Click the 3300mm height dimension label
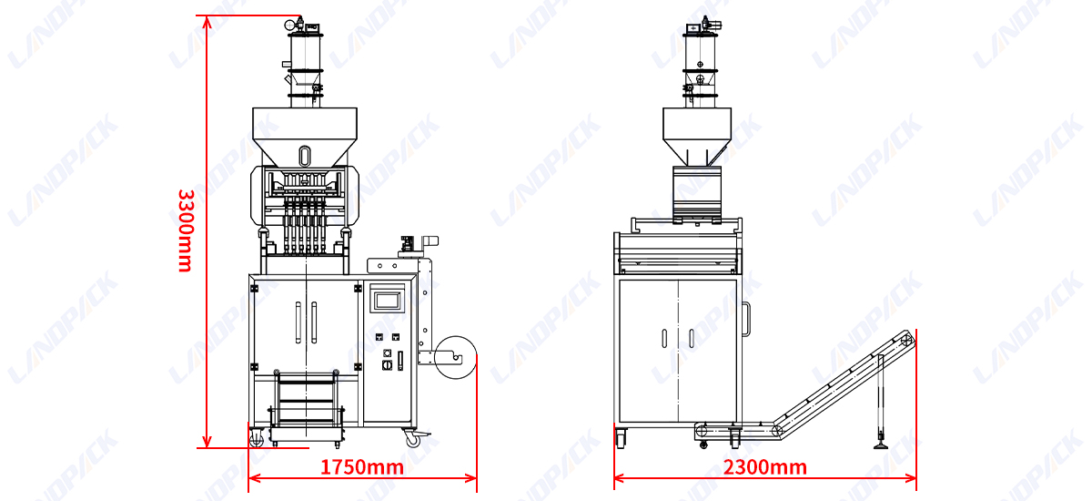186,230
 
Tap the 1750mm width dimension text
362,467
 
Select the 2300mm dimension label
765,467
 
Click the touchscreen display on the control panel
388,301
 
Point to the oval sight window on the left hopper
305,156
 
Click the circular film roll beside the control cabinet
455,357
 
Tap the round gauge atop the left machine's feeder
290,25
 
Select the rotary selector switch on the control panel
387,365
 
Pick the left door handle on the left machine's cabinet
298,322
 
